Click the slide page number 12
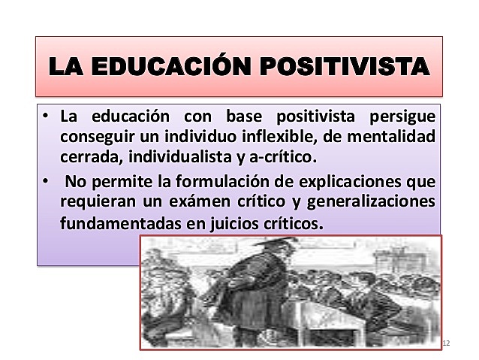(446, 343)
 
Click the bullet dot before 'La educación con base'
(46, 118)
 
